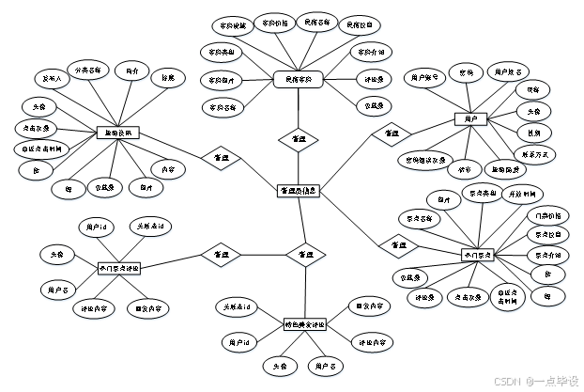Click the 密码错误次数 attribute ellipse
425,161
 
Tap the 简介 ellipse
131,71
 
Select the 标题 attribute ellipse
168,79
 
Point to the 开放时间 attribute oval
523,195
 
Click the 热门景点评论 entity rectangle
120,270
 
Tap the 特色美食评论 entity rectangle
305,325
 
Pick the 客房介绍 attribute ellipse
373,52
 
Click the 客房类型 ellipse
223,52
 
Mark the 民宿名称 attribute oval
318,21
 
